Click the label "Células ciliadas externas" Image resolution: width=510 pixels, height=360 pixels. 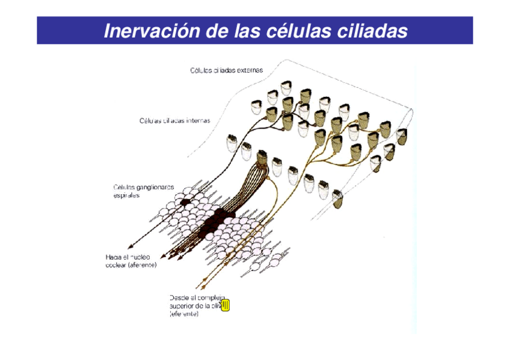coord(226,70)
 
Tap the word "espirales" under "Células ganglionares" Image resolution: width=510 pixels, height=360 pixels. coord(127,196)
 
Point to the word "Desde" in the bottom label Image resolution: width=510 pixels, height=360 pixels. coord(180,297)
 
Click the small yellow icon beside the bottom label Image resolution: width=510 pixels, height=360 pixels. coord(226,306)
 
